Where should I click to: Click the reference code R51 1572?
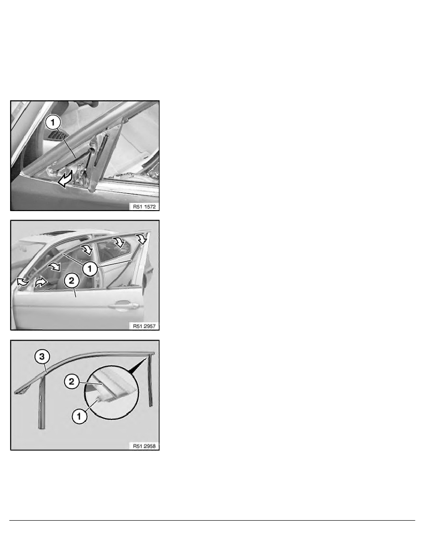click(144, 207)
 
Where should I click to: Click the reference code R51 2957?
click(144, 326)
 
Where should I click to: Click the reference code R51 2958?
click(144, 446)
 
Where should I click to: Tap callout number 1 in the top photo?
click(53, 122)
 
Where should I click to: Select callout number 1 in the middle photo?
click(90, 268)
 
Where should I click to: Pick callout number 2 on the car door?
click(72, 280)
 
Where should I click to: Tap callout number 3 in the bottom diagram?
click(42, 357)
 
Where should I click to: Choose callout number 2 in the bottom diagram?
click(72, 381)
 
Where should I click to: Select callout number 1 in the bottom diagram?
click(79, 416)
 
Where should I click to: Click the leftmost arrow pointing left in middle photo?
click(22, 282)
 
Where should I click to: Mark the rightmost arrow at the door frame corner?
click(142, 239)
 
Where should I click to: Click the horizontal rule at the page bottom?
click(212, 520)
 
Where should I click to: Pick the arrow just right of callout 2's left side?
click(41, 282)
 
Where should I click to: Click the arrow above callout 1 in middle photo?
click(87, 249)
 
